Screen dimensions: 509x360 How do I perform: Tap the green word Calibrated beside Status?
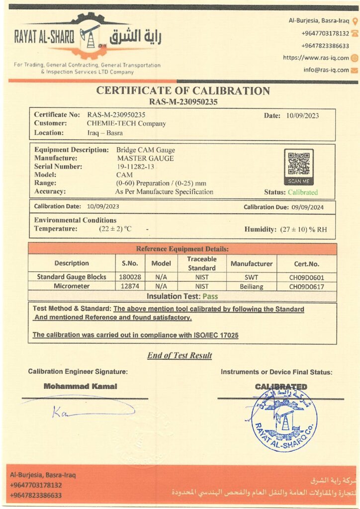coord(302,192)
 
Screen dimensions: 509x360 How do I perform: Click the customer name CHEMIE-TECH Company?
coord(126,123)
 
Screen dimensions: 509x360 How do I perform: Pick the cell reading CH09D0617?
coord(306,286)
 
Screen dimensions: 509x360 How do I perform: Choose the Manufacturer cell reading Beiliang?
coord(251,286)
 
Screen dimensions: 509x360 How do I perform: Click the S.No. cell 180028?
coord(130,277)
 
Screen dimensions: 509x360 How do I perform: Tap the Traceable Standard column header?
coord(201,263)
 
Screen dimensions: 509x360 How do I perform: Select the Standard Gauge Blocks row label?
coord(72,277)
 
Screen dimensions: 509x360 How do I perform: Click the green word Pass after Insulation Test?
coord(210,296)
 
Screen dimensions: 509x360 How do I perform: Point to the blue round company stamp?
coord(284,419)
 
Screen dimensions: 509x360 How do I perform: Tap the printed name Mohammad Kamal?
coord(80,386)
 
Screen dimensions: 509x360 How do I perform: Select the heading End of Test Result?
coord(180,355)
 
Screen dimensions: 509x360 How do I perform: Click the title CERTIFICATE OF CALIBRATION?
coord(182,90)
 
